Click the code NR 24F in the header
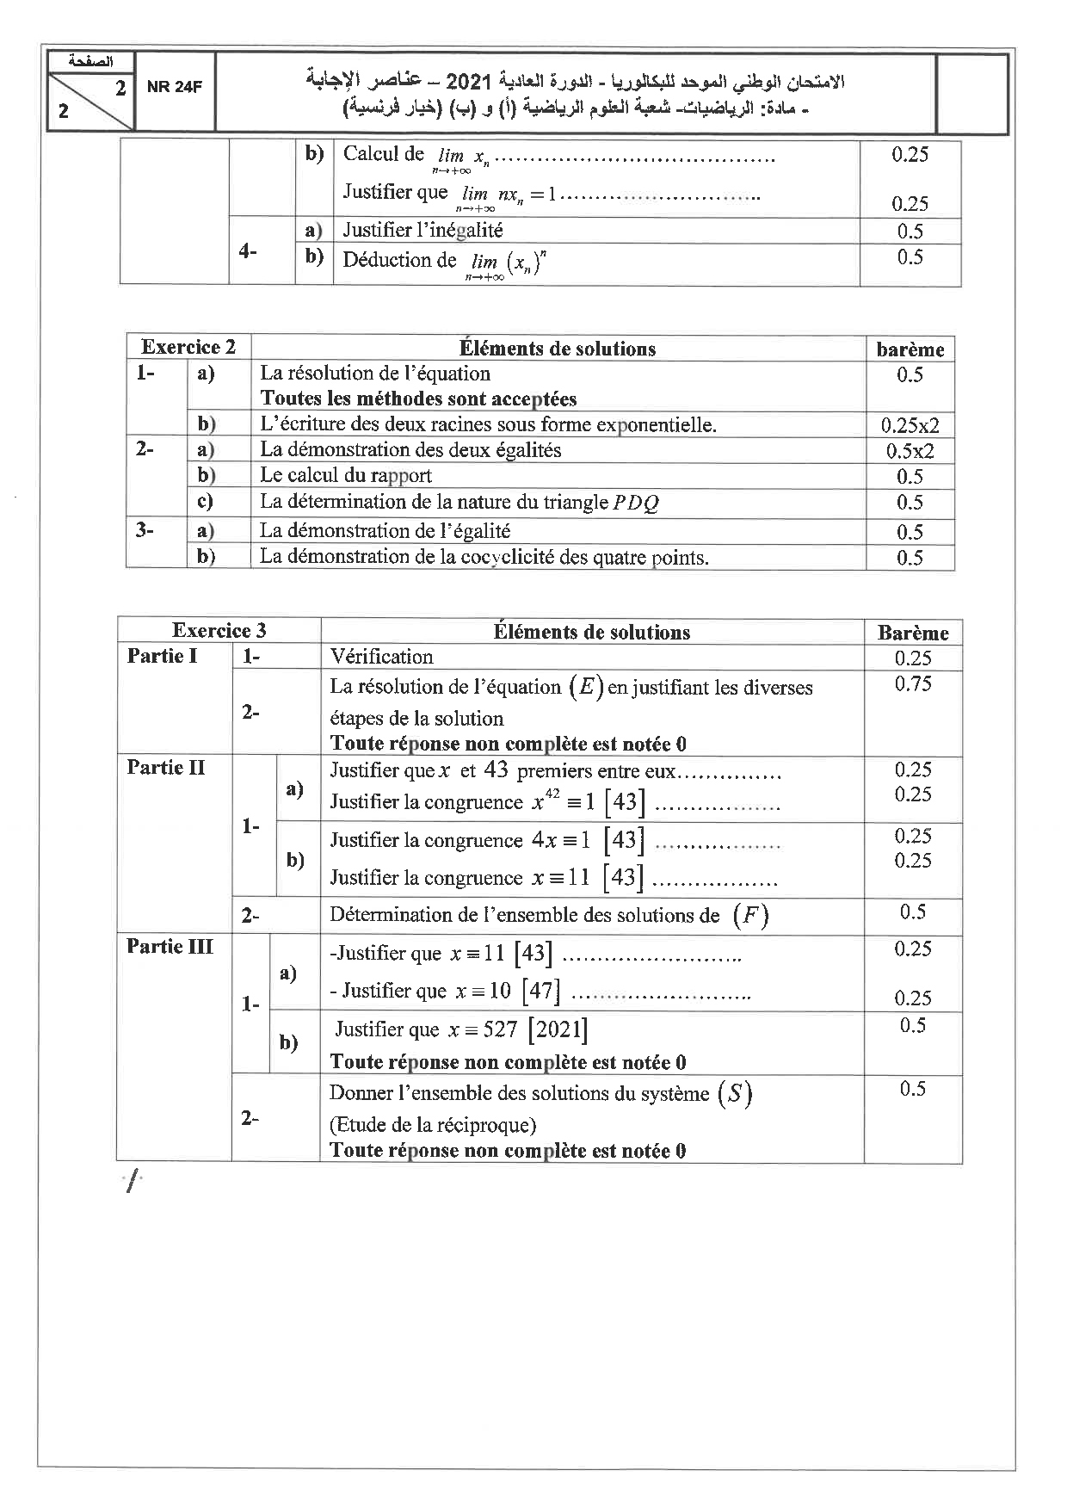tap(174, 86)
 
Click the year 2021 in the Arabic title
tap(470, 82)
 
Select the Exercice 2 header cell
tap(188, 347)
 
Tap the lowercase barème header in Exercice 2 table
tap(910, 349)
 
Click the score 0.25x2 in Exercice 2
tap(910, 425)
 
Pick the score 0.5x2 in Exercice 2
tap(910, 451)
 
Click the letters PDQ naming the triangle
tap(636, 503)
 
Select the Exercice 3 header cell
tap(219, 630)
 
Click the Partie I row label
tap(162, 656)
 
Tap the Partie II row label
tap(165, 767)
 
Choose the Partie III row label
tap(170, 946)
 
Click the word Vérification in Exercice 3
tap(381, 657)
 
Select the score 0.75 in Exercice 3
tap(912, 683)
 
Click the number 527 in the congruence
tap(499, 1029)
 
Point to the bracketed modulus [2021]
tap(558, 1029)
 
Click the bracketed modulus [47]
tap(540, 991)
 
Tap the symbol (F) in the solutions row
tap(749, 915)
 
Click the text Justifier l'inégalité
tap(422, 230)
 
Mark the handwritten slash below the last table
tap(131, 1184)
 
